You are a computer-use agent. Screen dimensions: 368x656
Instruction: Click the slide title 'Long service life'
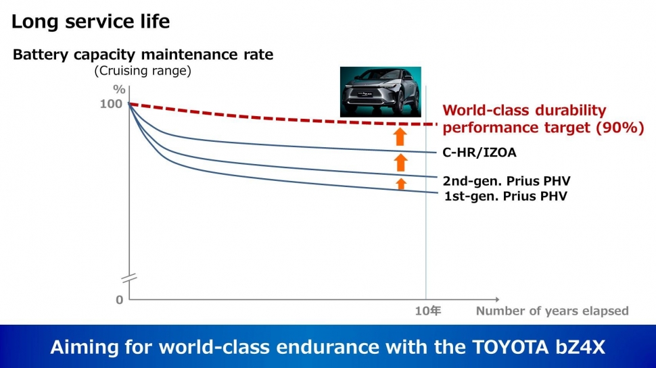tap(91, 22)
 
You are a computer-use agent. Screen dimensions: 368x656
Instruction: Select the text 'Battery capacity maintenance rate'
tap(143, 55)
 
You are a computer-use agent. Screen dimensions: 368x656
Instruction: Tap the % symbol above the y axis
tap(119, 90)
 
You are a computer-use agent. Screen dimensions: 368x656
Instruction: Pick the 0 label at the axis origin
tap(120, 300)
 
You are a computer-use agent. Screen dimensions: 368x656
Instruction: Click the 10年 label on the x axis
tap(427, 311)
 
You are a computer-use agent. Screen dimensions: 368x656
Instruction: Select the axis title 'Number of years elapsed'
tap(552, 311)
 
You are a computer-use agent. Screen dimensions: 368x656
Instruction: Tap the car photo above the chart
tap(380, 91)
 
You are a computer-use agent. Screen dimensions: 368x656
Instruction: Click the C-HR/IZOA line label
tap(479, 153)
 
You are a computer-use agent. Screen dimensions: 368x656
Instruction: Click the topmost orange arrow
tap(400, 136)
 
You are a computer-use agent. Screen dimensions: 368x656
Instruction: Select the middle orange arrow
tap(400, 162)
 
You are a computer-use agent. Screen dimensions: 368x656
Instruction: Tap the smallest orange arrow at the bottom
tap(401, 183)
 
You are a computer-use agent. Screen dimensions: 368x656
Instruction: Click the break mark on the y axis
tap(128, 278)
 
